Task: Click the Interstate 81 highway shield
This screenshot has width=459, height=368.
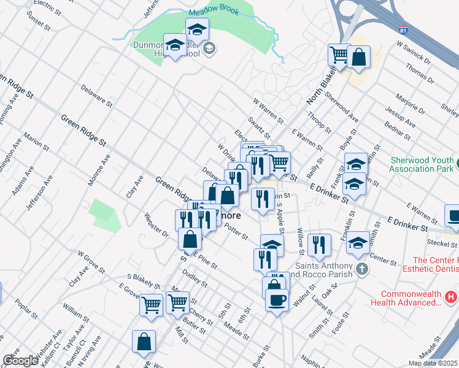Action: point(402,29)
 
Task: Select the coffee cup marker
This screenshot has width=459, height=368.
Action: point(277,300)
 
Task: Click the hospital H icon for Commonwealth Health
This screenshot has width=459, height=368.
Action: point(451,297)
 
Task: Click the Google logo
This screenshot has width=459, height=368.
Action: point(20,360)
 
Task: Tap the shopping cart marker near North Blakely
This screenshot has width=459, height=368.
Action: point(338,55)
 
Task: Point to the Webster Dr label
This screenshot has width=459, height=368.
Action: point(156,224)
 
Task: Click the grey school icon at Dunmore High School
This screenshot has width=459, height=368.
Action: point(209,48)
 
